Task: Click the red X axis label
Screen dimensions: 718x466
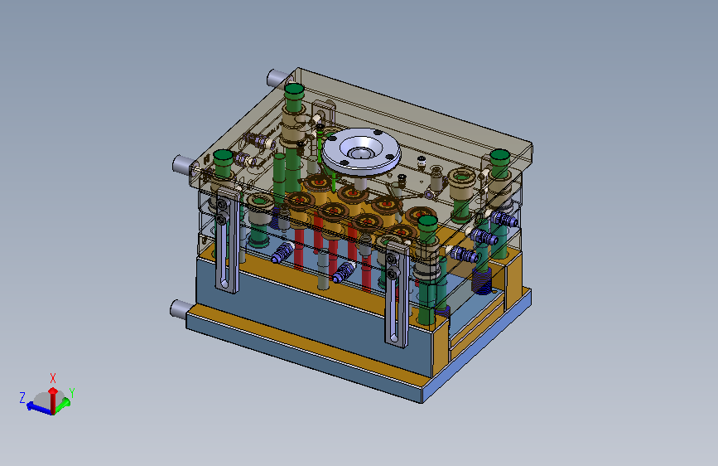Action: coord(53,378)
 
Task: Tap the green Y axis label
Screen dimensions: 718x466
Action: coord(72,392)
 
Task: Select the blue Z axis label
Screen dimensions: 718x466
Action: coord(22,397)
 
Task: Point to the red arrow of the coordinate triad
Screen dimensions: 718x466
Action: coord(53,400)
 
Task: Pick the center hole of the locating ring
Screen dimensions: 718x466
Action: coord(360,153)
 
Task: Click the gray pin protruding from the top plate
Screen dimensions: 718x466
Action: coord(278,78)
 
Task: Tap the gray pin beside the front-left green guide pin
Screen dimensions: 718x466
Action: coord(184,164)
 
